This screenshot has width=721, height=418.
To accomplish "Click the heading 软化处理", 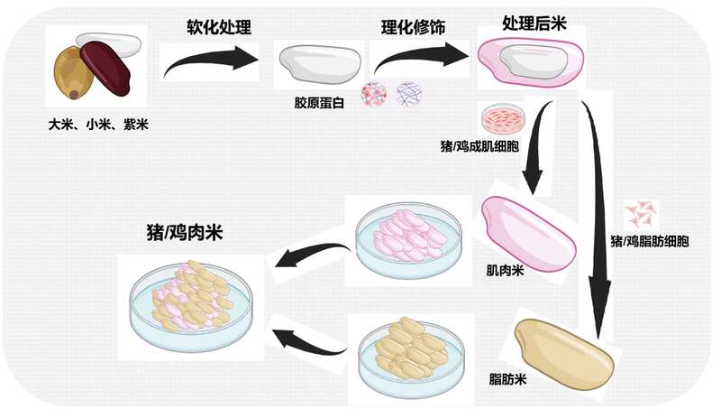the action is click(219, 27).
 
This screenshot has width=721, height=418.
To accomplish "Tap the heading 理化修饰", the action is click(413, 27).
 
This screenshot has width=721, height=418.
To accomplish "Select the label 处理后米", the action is click(534, 23).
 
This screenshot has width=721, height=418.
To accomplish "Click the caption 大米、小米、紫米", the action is click(98, 125).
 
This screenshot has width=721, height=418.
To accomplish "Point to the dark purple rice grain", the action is click(105, 69).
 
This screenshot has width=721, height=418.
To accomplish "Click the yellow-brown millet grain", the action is click(73, 74).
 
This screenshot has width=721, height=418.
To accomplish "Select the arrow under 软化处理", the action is click(209, 61).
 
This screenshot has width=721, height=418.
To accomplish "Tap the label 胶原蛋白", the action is click(319, 102).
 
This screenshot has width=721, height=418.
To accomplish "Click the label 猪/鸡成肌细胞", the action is click(479, 146).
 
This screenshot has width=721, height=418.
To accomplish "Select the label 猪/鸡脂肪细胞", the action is click(649, 240).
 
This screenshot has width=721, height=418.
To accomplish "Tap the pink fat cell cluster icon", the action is click(641, 213).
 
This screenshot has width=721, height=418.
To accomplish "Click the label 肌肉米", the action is click(505, 270).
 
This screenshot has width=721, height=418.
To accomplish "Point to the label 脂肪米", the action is click(507, 379).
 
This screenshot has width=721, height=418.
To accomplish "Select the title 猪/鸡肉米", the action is click(185, 232).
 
